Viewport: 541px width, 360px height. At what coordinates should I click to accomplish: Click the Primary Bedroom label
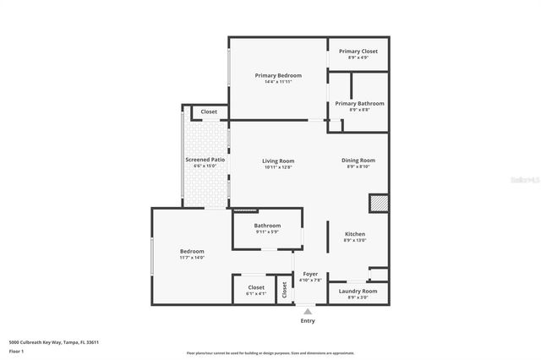[278, 75]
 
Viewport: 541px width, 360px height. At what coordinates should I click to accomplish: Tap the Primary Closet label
[358, 52]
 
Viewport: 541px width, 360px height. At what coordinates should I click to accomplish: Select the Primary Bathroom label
[358, 103]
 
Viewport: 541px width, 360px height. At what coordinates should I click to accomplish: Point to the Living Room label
[277, 161]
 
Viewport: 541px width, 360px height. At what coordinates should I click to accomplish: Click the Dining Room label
[358, 161]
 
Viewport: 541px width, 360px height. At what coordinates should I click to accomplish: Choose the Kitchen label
[354, 234]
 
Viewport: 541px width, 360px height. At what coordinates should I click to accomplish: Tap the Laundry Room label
[358, 292]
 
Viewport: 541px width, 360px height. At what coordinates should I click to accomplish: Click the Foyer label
[309, 274]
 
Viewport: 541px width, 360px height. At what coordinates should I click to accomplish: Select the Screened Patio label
[205, 160]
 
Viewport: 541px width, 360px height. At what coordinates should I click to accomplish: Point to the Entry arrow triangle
[308, 311]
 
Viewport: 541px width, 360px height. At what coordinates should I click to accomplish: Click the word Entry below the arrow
[308, 321]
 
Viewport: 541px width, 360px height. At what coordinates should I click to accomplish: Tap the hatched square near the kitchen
[379, 204]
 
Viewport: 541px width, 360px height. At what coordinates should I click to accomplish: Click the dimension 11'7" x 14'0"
[192, 257]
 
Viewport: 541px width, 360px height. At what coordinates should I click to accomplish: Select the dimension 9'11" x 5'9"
[267, 232]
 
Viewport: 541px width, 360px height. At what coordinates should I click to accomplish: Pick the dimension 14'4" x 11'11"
[278, 82]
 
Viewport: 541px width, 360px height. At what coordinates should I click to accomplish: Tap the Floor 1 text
[17, 351]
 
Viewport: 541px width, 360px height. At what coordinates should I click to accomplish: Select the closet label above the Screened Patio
[209, 112]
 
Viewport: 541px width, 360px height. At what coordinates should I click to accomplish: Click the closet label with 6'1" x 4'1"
[256, 287]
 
